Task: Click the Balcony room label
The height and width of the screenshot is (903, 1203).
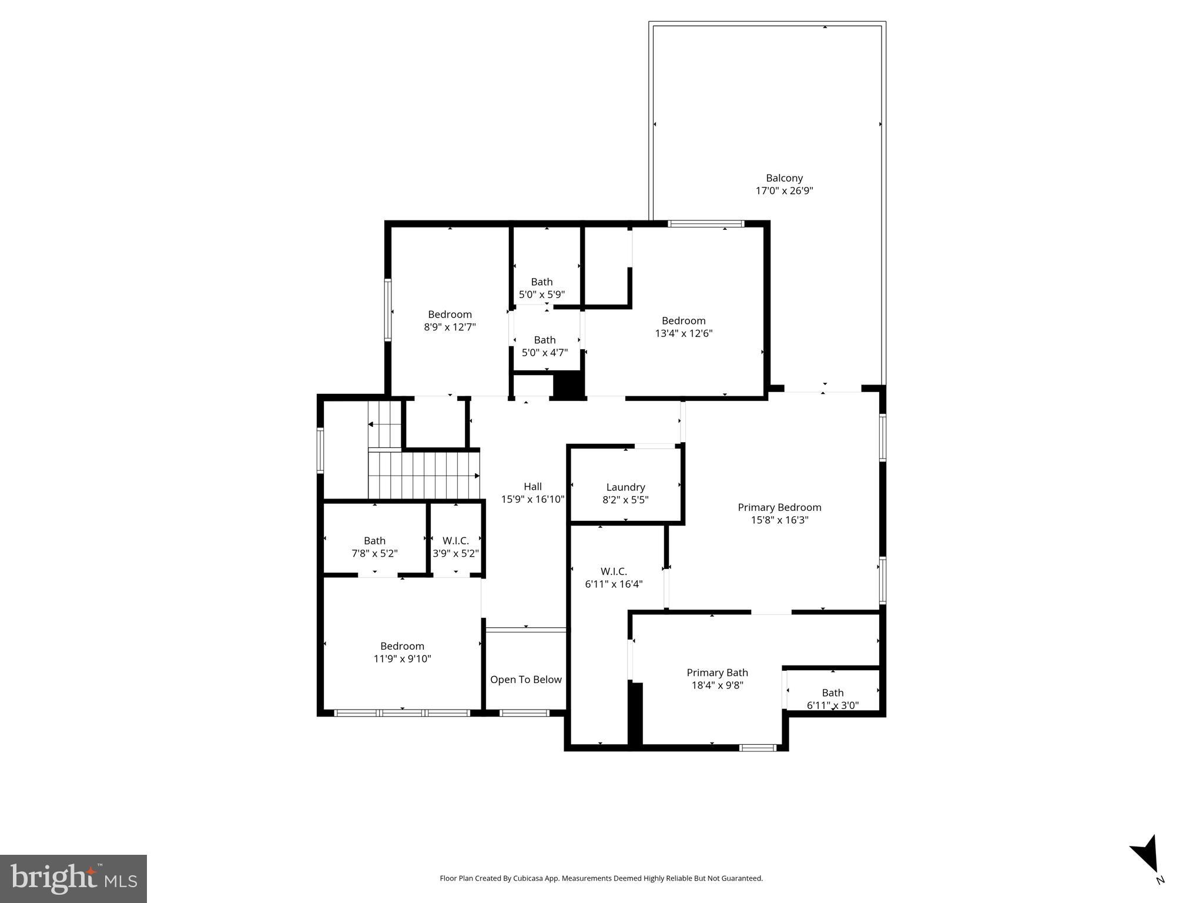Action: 784,178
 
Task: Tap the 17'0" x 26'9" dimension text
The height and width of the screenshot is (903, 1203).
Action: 784,191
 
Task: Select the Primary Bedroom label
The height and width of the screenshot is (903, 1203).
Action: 779,507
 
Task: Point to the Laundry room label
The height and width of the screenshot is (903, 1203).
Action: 625,487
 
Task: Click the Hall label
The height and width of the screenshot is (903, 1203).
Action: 532,487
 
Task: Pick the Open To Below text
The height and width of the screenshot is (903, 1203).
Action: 526,680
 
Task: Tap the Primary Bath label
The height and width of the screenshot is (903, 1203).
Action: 717,673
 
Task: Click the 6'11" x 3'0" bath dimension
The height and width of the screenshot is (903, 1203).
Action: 833,705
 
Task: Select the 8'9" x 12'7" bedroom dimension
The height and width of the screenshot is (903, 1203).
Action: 450,327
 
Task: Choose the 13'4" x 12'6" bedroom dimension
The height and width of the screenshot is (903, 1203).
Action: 683,333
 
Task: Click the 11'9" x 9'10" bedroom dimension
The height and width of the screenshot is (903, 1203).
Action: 402,659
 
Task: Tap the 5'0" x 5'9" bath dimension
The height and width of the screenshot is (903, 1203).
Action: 541,295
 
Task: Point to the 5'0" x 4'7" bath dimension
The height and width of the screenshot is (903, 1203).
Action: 545,353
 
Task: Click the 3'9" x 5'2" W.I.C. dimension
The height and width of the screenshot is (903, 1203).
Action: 455,553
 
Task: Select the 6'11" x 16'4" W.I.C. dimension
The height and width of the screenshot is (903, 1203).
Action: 614,584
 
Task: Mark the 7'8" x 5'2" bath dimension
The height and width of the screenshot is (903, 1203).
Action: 374,553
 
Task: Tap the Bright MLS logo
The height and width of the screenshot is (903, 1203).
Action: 73,878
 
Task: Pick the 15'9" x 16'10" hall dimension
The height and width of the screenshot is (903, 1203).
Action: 532,500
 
